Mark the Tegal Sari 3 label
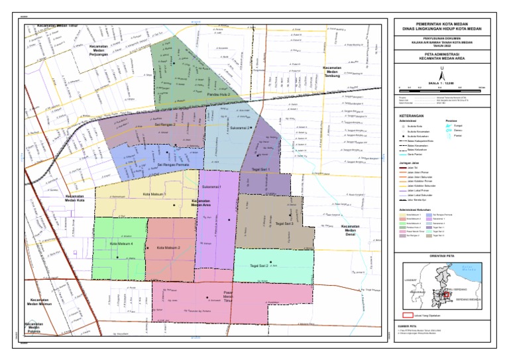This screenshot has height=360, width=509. pos(284,223)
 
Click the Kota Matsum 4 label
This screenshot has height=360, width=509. pos(121,244)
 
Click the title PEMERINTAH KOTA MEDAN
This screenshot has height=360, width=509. pos(440,23)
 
